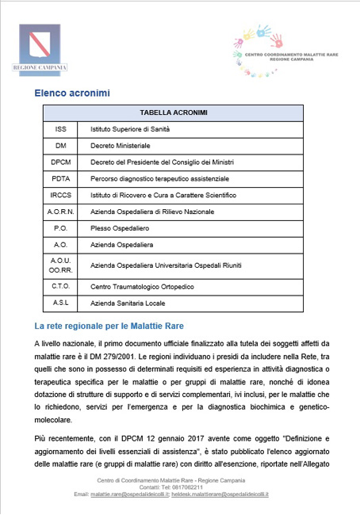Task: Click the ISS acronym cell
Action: coord(61,128)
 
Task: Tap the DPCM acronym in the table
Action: coord(61,162)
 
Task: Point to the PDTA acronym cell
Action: coord(61,179)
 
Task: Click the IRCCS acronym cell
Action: coord(61,196)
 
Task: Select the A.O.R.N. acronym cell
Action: coord(61,212)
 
